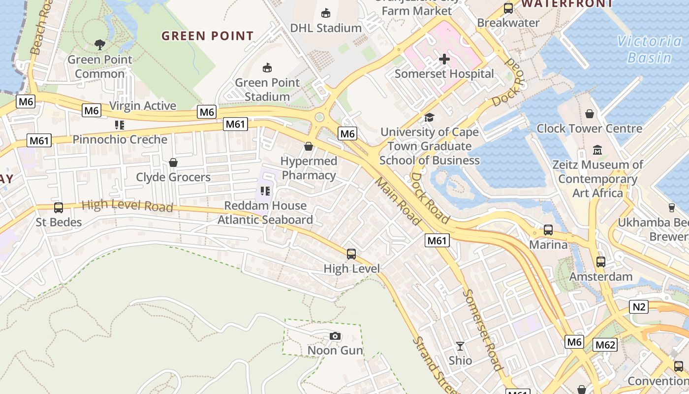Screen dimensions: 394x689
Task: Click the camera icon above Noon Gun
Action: (x=335, y=336)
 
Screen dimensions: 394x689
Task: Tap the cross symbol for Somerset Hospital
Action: (x=444, y=59)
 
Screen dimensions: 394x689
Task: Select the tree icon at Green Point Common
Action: (x=100, y=45)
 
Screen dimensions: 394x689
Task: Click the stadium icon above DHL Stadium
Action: (x=325, y=13)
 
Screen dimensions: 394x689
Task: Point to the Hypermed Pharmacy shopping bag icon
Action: (x=309, y=146)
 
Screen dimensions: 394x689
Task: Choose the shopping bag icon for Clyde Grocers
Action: (x=173, y=163)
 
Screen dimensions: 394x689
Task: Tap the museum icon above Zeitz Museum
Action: (x=597, y=150)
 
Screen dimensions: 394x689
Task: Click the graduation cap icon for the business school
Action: (x=429, y=118)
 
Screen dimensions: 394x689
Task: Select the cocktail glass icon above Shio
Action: (x=460, y=346)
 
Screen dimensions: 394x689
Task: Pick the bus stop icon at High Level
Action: (x=351, y=254)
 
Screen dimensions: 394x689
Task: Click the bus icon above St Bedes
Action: (x=59, y=208)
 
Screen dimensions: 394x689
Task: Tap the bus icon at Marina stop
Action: (x=548, y=230)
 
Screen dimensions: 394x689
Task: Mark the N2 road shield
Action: (x=639, y=307)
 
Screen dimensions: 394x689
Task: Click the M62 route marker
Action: (x=605, y=345)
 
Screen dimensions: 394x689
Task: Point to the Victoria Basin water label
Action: (x=650, y=49)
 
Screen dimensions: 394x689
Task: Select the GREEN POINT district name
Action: (x=208, y=36)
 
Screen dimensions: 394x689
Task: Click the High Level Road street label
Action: (x=127, y=205)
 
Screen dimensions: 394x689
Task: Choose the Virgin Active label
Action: (x=143, y=106)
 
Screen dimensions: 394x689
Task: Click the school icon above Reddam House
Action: (x=265, y=191)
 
